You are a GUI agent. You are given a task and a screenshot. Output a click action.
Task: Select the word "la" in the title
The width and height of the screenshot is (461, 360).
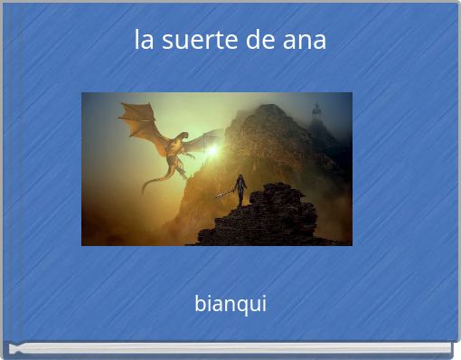(x=143, y=41)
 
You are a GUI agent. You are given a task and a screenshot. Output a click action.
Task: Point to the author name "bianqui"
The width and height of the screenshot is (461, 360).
(x=230, y=303)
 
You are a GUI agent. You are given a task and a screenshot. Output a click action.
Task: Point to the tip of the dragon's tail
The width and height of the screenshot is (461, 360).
(x=145, y=189)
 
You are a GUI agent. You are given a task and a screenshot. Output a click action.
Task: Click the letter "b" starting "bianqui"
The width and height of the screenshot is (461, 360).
(x=200, y=303)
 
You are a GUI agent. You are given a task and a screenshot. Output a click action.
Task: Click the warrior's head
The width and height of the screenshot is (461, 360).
(x=240, y=177)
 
